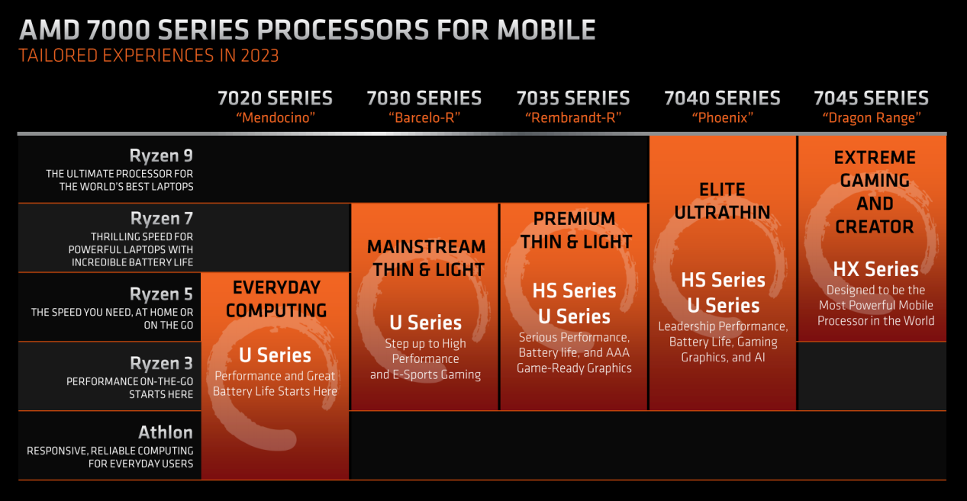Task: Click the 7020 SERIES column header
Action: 275,98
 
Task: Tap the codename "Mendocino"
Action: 276,117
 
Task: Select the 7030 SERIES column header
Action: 424,98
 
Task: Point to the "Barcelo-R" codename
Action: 424,117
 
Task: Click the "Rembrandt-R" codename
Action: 573,117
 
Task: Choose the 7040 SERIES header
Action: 722,98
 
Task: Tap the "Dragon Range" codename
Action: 872,117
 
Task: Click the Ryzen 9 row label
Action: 161,156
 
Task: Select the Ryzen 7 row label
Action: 162,219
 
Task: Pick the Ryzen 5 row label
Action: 161,294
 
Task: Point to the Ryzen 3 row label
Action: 162,364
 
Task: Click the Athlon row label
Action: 166,432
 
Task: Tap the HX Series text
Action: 875,269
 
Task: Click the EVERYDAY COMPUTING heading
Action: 276,299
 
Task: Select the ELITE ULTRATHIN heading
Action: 722,201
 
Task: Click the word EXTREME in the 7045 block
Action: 875,157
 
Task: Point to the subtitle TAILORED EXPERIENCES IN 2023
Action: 149,56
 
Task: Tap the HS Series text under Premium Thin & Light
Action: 574,291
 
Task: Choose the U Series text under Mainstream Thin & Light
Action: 425,323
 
